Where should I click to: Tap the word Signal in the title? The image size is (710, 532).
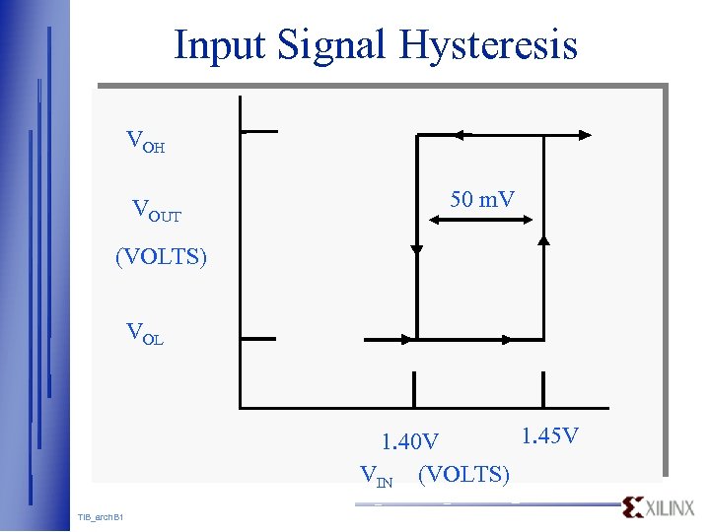332,45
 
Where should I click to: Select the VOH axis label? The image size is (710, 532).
146,142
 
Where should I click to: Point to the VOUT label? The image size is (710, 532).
157,210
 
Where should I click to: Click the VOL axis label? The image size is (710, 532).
145,333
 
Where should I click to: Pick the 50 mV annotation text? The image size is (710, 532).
482,200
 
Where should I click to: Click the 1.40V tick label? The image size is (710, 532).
410,440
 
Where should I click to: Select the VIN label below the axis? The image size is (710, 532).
377,477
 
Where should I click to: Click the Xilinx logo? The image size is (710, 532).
659,507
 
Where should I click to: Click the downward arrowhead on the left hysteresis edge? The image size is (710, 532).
417,249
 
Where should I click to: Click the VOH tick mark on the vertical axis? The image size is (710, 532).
258,130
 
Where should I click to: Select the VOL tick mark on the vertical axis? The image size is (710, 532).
258,339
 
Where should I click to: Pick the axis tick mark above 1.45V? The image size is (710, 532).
542,387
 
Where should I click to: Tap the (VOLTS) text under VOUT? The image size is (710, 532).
161,258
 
